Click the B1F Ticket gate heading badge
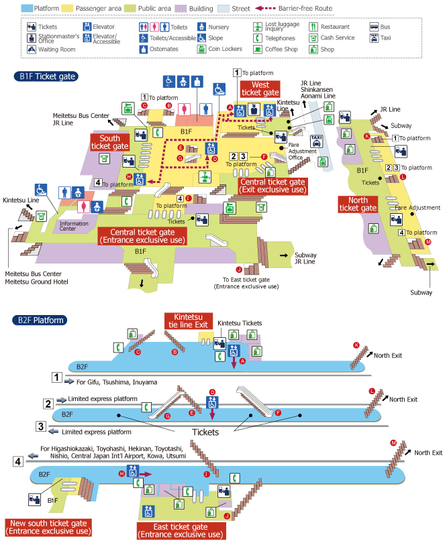(46, 76)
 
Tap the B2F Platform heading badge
(40, 320)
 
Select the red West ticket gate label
(260, 88)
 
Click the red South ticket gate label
(109, 142)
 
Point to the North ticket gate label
(358, 204)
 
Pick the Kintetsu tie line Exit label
(188, 321)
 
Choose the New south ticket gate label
(48, 528)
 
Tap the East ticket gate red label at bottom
(181, 531)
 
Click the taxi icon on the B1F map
(316, 141)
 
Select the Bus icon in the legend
(374, 27)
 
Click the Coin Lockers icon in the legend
(202, 49)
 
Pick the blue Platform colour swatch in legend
(26, 8)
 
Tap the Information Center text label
(74, 226)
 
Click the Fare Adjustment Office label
(302, 152)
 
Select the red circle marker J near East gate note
(239, 269)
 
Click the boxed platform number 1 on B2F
(57, 377)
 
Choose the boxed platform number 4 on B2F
(18, 461)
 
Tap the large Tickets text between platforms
(205, 432)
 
